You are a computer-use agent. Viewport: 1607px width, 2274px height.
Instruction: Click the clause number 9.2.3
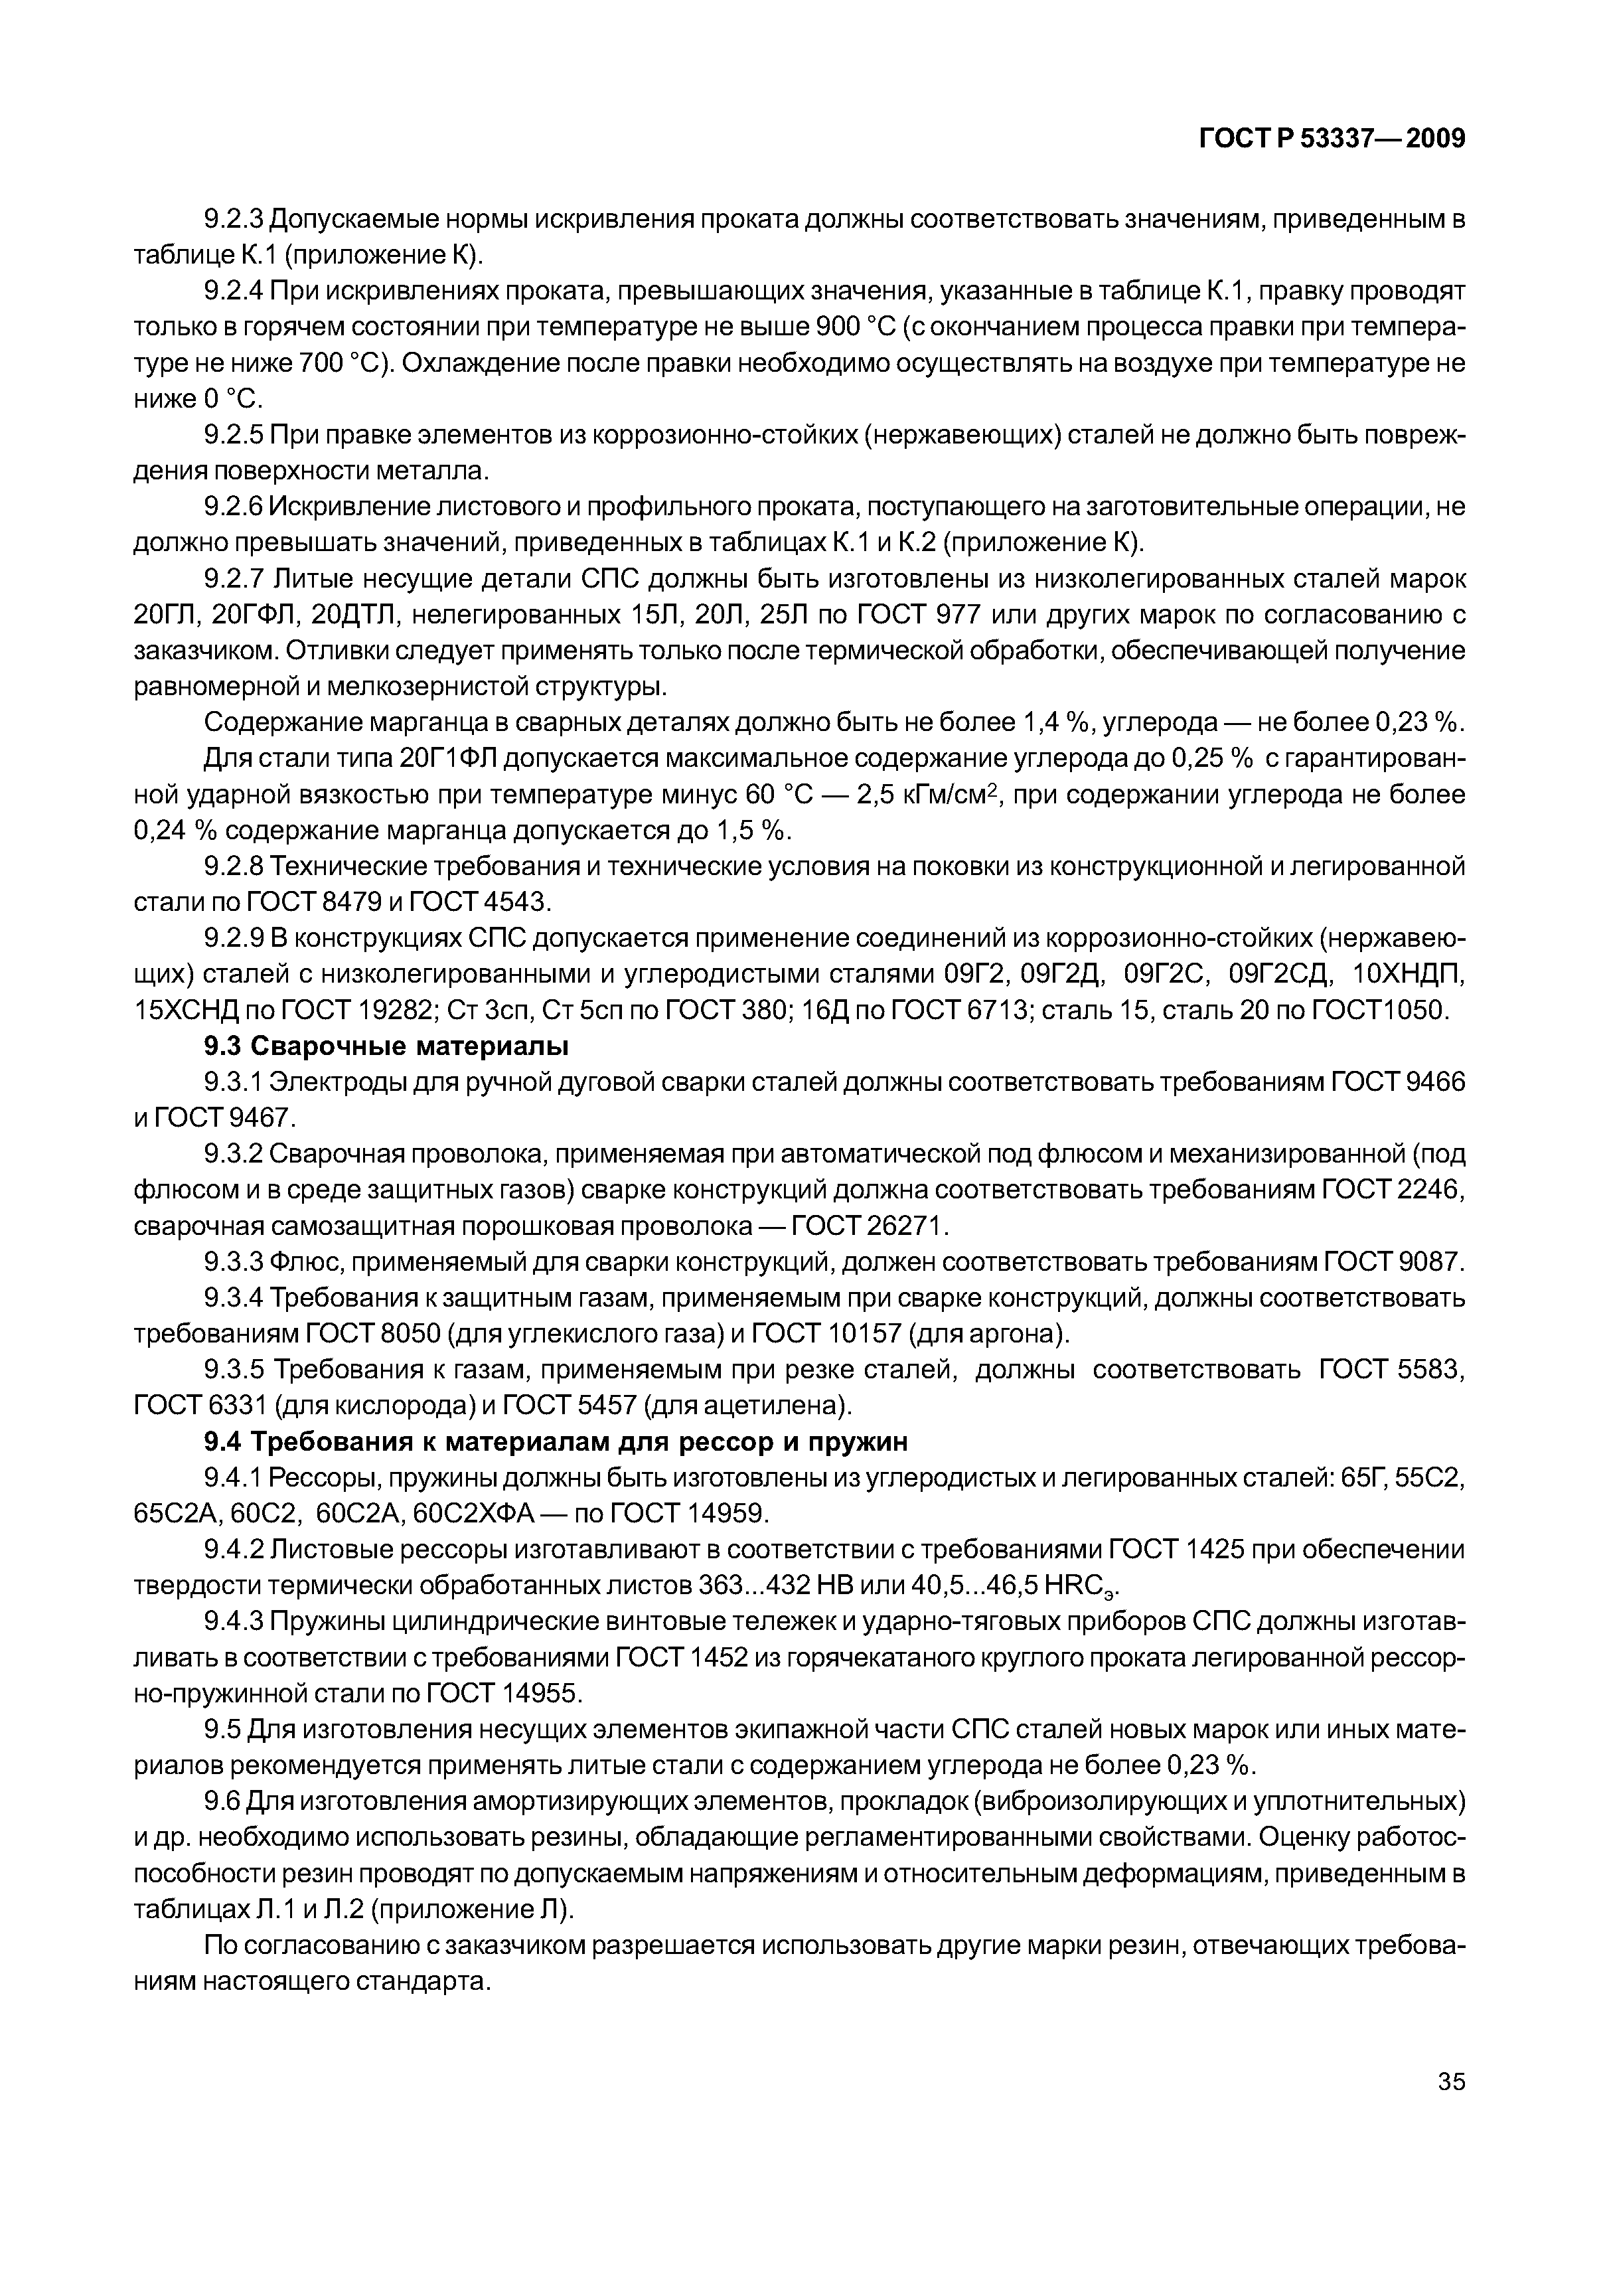pos(235,218)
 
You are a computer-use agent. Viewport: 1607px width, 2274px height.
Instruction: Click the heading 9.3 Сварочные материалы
pos(386,1046)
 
